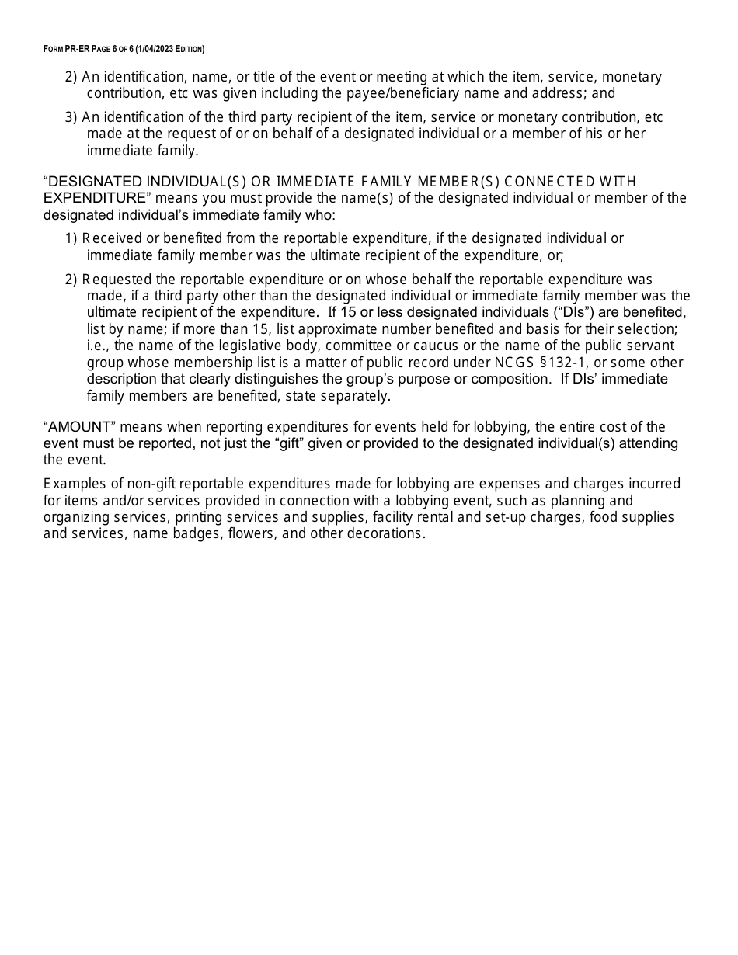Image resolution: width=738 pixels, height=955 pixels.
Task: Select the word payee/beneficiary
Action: pyautogui.click(x=442, y=93)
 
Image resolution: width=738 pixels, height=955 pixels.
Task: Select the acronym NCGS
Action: pyautogui.click(x=513, y=363)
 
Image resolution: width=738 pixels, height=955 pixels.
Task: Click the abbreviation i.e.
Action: pyautogui.click(x=97, y=346)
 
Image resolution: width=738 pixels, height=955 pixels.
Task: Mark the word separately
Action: pyautogui.click(x=356, y=396)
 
